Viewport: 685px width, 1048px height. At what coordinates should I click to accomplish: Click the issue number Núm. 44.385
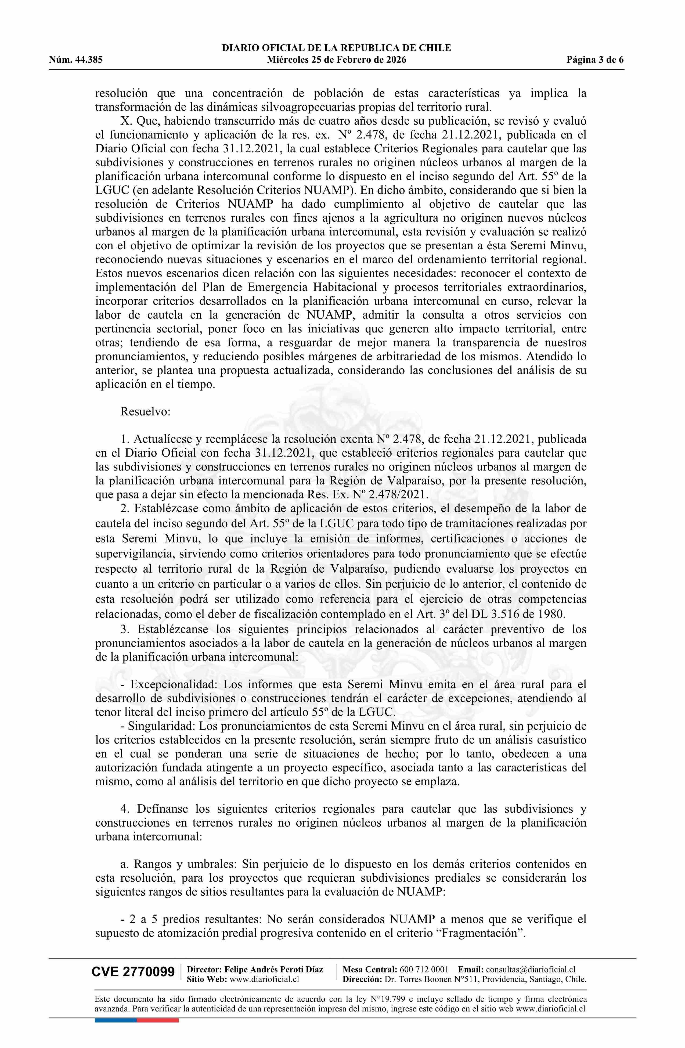[76, 60]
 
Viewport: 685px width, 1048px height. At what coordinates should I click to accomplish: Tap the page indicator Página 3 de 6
[595, 60]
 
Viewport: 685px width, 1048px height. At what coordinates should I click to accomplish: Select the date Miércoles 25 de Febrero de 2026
[336, 60]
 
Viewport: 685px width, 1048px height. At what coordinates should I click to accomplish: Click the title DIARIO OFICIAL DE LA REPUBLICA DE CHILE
[336, 48]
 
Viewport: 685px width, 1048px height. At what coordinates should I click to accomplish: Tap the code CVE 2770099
[133, 972]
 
